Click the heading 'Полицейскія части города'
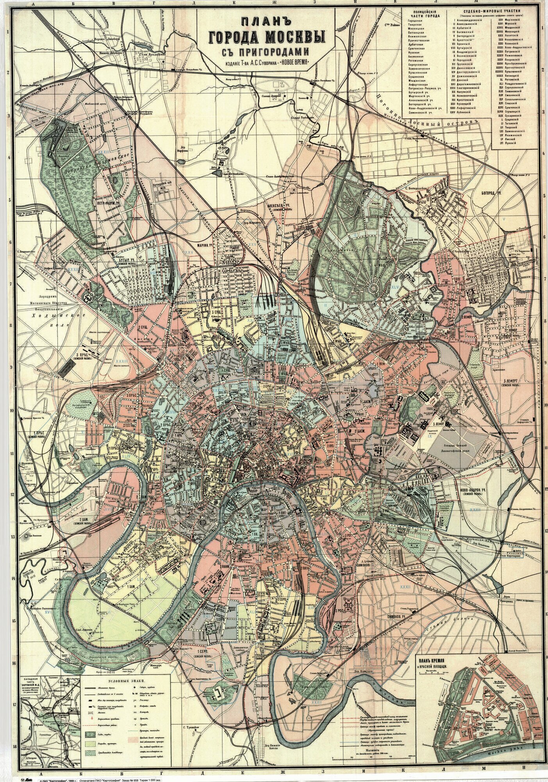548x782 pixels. pos(424,11)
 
